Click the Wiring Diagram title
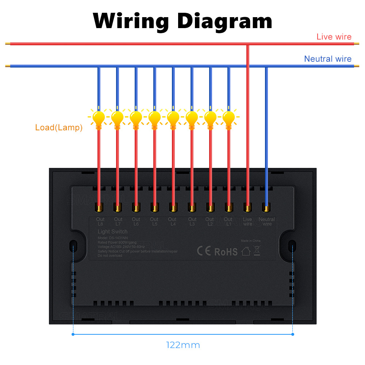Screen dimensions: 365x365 pos(182,21)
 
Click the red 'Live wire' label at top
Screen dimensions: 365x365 pos(334,36)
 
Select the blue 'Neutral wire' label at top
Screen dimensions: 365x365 pos(327,59)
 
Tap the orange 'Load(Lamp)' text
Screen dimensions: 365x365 pos(59,128)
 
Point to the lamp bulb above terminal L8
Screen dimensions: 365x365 pos(99,118)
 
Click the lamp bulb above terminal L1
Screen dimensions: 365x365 pos(229,118)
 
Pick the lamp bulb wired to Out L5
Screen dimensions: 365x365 pos(154,118)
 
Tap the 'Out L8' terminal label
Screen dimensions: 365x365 pos(100,222)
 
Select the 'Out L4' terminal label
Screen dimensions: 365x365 pos(172,222)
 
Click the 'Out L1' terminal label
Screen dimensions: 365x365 pos(228,222)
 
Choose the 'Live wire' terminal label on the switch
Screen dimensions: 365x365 pos(247,222)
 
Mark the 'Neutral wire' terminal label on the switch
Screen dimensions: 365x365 pos(266,222)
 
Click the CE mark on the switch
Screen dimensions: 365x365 pos(204,251)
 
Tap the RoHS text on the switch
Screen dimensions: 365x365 pos(226,251)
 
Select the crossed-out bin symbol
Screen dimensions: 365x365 pos(257,250)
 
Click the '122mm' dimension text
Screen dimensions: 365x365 pos(183,345)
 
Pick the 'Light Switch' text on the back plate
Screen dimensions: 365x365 pos(112,232)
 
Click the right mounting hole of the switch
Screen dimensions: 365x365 pos(292,245)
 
